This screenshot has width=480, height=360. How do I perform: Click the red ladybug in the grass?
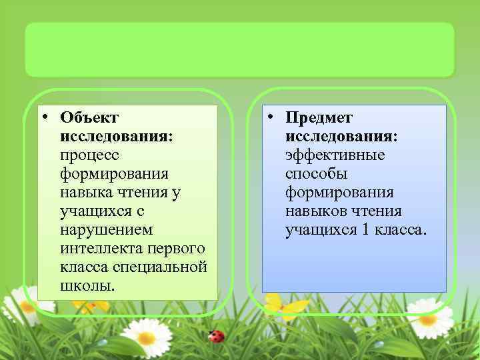click(215, 336)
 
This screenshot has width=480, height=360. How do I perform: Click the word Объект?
click(89, 118)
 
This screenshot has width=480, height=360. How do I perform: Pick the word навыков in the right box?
click(316, 211)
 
